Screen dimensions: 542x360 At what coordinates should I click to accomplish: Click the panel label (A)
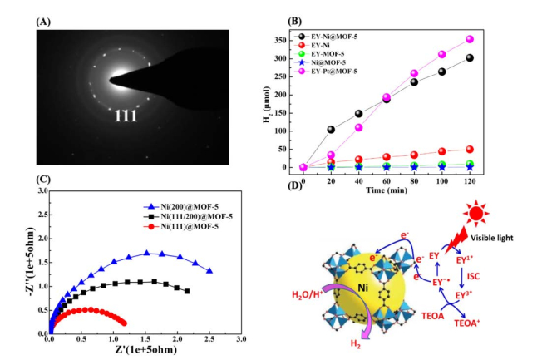pos(43,22)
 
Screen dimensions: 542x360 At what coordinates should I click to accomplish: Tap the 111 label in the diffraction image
pos(126,116)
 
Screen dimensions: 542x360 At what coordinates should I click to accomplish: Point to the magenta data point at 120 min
pos(470,39)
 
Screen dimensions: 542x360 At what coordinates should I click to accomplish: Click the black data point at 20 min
pos(331,130)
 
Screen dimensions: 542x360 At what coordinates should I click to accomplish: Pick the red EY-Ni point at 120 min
pos(470,150)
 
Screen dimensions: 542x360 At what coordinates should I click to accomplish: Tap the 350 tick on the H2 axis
pos(281,41)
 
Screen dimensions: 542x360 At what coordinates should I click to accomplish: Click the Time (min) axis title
pos(387,190)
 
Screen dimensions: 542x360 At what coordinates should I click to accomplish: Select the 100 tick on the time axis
pos(442,181)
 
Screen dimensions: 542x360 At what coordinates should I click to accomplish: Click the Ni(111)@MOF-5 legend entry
pos(181,226)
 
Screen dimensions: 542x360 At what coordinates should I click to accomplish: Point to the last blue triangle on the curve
pos(209,271)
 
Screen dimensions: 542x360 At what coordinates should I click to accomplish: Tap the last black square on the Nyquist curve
pos(187,291)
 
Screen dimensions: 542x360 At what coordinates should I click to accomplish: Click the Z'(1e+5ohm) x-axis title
pos(146,349)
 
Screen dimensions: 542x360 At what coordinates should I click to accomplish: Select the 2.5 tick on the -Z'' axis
pos(43,215)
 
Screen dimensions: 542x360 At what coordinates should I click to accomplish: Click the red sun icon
pos(476,213)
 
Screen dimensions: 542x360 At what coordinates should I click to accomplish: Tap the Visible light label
pos(492,238)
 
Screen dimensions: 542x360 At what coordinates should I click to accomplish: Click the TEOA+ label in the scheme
pos(467,323)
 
